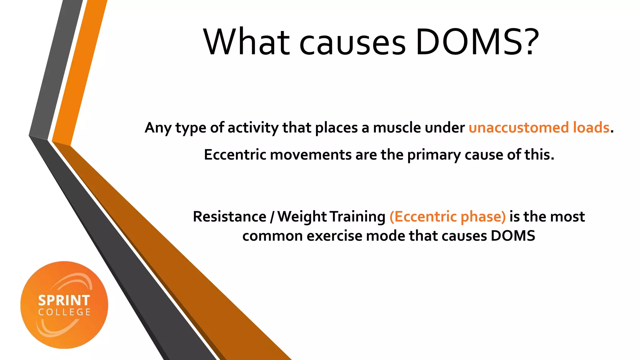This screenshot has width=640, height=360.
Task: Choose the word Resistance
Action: (x=229, y=217)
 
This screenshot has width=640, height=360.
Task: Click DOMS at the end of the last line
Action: (x=512, y=236)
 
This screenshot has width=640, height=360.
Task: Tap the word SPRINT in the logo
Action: (x=64, y=300)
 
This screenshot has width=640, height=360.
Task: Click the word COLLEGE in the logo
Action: (x=64, y=312)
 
